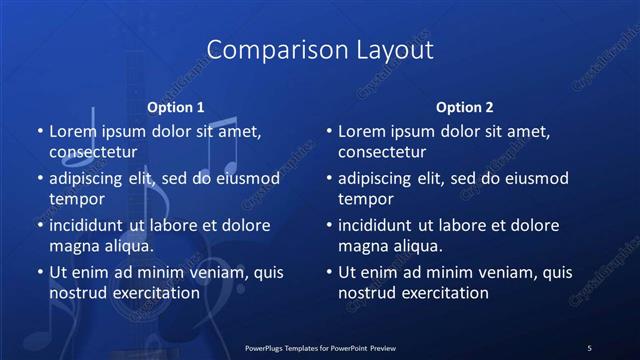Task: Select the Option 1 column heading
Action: point(176,107)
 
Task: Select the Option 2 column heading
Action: point(465,107)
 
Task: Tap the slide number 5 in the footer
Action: point(589,347)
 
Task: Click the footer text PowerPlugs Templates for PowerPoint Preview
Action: point(320,347)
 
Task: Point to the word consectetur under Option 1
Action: point(94,153)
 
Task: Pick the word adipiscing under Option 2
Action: point(379,179)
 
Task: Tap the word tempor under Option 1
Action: point(74,199)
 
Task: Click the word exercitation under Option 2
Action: point(442,293)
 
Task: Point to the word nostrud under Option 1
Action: point(77,293)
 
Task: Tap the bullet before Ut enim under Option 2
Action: point(328,272)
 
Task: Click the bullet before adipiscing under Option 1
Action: point(39,179)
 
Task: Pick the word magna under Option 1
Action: point(73,246)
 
